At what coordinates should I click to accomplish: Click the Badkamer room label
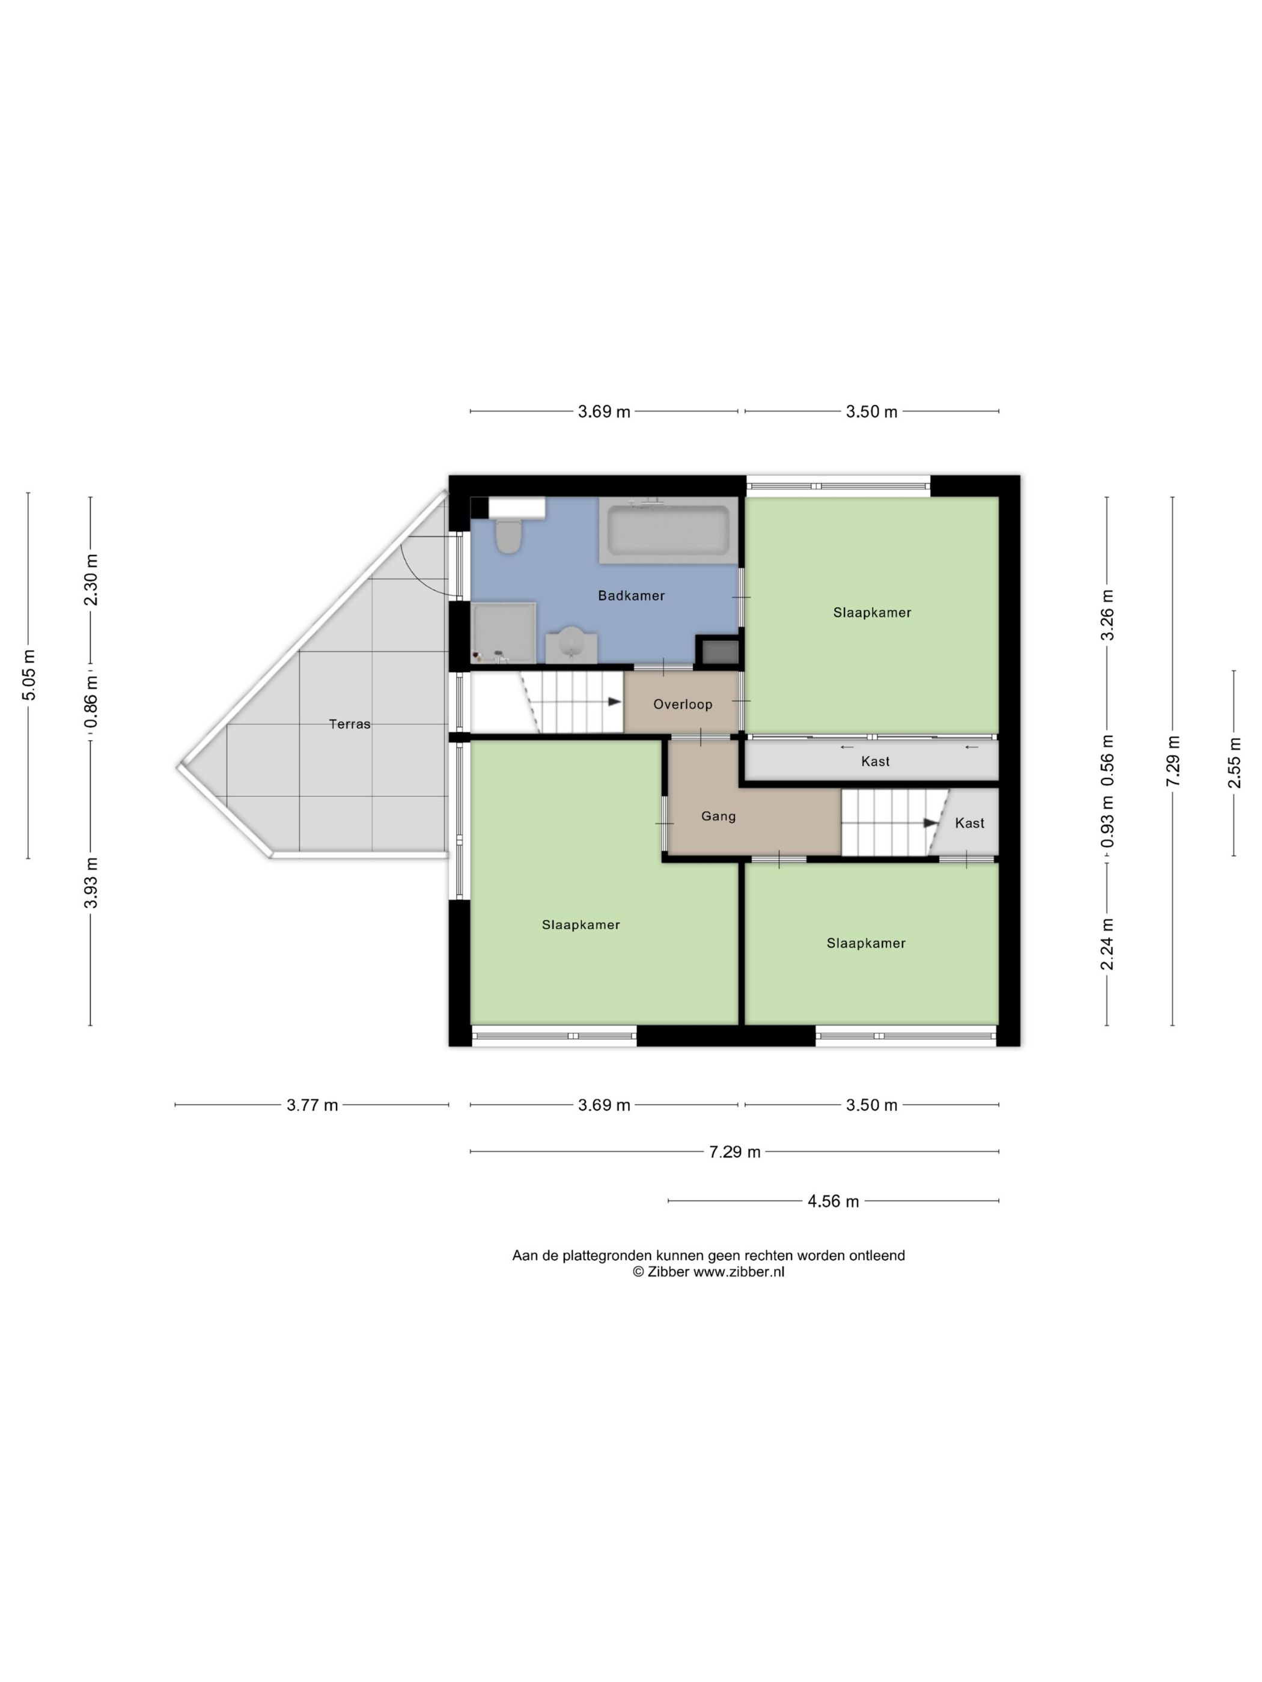(630, 595)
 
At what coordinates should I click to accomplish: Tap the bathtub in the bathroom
(668, 530)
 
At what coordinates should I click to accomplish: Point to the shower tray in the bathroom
(504, 633)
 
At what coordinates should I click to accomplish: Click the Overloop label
(682, 704)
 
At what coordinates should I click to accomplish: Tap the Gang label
(718, 816)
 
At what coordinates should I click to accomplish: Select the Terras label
(349, 724)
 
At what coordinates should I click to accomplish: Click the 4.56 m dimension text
(833, 1201)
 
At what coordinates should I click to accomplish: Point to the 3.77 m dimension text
(312, 1105)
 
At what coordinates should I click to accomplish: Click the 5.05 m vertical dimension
(28, 675)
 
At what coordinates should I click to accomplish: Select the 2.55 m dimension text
(1233, 763)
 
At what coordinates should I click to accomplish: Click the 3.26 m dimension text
(1107, 615)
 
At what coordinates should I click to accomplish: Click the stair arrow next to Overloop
(615, 702)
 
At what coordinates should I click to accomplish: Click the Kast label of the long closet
(875, 761)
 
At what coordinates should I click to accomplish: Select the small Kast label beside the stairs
(969, 823)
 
